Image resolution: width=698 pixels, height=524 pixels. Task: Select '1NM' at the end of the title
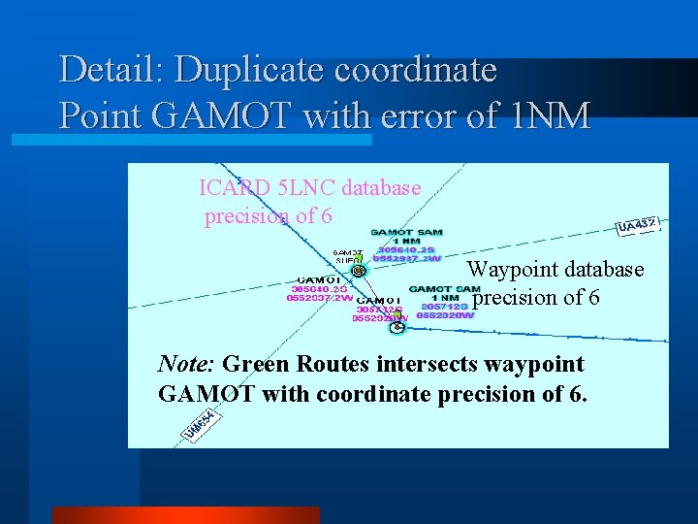pos(548,115)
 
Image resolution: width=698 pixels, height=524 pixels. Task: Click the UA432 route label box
pos(638,226)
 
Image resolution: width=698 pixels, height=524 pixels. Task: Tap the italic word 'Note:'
pos(187,365)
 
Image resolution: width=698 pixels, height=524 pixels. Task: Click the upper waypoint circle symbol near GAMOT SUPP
pos(359,271)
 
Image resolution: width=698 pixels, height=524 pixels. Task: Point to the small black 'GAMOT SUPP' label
pos(348,256)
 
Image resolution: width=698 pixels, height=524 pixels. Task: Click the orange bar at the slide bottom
pos(185,514)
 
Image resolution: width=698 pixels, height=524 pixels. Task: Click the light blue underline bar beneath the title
pos(191,141)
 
